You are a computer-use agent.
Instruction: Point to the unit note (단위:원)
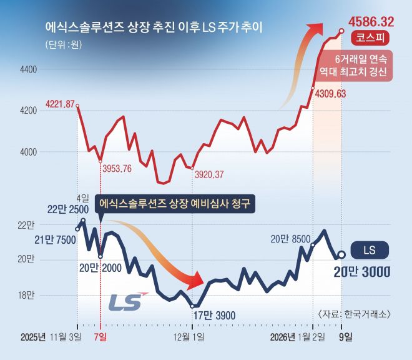click(x=64, y=45)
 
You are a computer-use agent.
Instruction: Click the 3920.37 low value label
click(x=209, y=175)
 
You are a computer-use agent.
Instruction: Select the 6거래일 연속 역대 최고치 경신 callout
click(x=361, y=65)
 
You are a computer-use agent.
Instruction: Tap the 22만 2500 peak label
click(x=67, y=209)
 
